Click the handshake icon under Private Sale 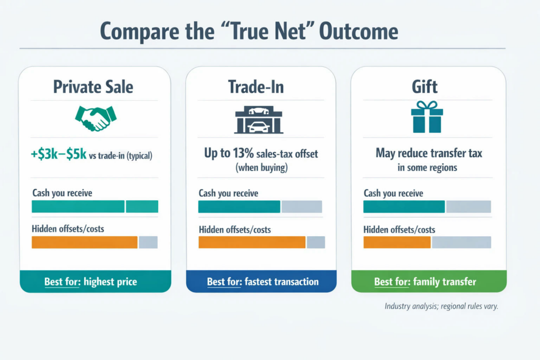(96, 118)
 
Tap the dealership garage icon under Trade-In (258, 120)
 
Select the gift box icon (427, 116)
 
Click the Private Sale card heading (93, 87)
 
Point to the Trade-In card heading (256, 87)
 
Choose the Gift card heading (425, 86)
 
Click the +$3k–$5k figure (59, 154)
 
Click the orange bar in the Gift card (397, 242)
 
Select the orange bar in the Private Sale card (85, 242)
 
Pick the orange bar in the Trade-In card (252, 242)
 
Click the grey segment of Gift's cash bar (468, 207)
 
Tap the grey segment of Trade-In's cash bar (302, 207)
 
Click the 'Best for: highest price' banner (95, 281)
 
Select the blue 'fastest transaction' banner (262, 281)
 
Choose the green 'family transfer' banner (429, 281)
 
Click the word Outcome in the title (359, 31)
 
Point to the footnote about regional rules (441, 306)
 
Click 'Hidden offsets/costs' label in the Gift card (399, 230)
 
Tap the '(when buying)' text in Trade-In (262, 168)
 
